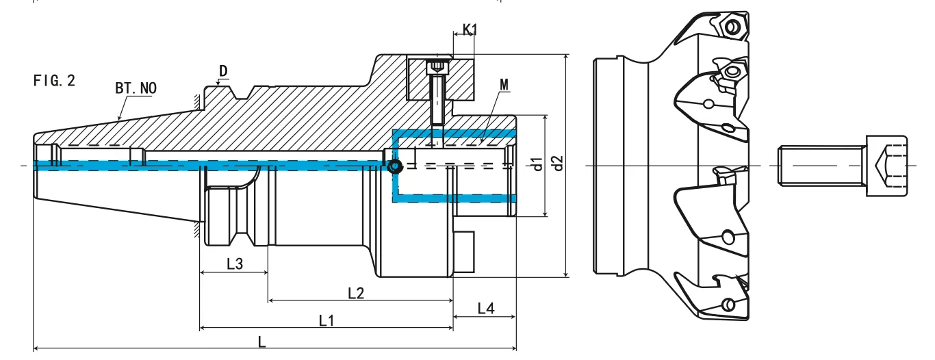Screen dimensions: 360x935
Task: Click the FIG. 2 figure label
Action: coord(54,80)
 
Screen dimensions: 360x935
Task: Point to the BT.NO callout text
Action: coord(136,88)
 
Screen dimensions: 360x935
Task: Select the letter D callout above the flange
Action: coord(223,71)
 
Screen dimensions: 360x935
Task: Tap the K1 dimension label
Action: coord(470,29)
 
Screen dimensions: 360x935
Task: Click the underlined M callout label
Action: coord(504,84)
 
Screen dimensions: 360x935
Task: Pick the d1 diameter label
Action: coord(537,164)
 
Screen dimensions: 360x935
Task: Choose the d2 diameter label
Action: coord(559,164)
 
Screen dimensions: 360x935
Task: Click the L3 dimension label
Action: coord(234,263)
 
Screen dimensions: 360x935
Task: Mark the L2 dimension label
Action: coord(356,293)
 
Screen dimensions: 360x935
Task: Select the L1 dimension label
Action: coord(326,320)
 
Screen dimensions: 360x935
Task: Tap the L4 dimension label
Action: coord(485,309)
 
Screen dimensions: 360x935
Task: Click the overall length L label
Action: coord(262,342)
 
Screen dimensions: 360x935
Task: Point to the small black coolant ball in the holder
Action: coord(394,166)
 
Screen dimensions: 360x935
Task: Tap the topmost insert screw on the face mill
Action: coord(733,27)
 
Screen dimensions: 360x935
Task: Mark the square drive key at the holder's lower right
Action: coord(463,253)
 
